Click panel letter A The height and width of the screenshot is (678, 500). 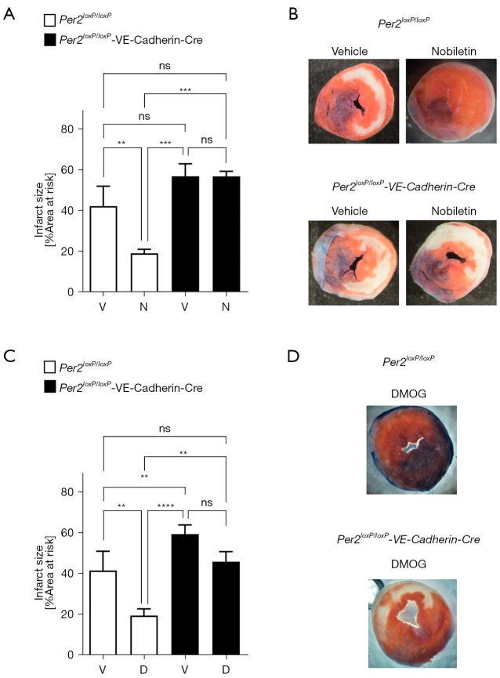tap(10, 14)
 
